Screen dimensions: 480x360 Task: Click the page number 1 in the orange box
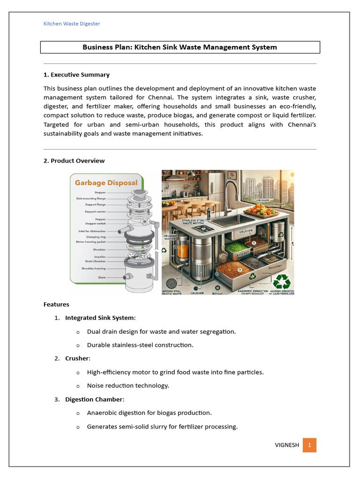309,445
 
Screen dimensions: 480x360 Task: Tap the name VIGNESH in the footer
286,445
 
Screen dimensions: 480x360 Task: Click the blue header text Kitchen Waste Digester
72,23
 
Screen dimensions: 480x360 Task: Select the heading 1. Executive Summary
76,75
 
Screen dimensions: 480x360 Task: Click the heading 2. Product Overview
74,161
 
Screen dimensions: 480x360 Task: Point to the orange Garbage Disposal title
106,183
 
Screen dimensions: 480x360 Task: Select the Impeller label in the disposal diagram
99,257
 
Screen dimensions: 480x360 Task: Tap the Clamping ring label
96,237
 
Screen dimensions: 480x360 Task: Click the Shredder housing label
93,268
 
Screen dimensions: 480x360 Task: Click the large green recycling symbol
282,281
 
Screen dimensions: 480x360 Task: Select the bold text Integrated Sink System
100,318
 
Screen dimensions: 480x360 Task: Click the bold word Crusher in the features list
77,359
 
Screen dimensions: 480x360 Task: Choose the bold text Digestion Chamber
94,399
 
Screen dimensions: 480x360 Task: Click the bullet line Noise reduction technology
128,386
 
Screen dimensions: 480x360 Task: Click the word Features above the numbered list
56,305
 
